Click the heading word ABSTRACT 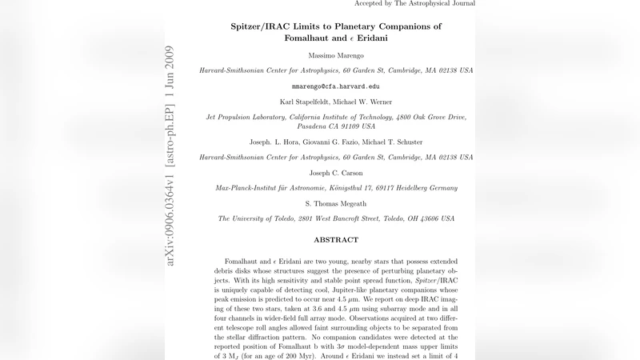coord(335,240)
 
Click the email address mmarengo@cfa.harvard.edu coord(335,86)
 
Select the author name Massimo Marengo coord(335,54)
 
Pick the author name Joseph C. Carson coord(335,172)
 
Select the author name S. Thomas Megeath coord(335,203)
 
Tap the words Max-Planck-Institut coord(254,188)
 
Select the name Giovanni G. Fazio coord(325,142)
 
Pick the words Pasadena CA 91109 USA coord(335,126)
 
